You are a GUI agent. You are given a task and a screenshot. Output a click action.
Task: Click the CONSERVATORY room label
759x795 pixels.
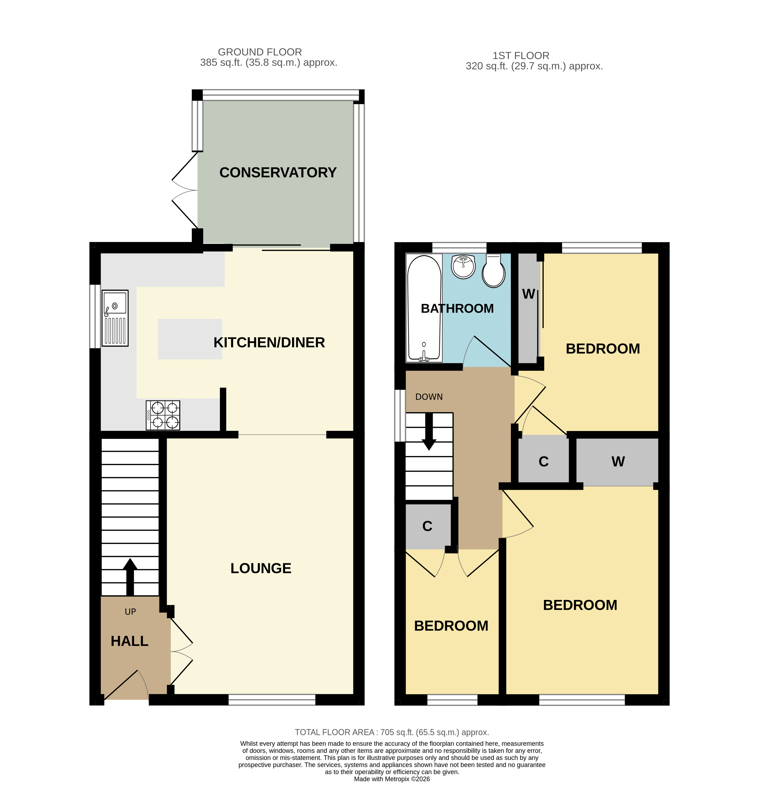click(x=278, y=173)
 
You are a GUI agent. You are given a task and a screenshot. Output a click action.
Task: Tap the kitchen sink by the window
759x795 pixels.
click(x=115, y=318)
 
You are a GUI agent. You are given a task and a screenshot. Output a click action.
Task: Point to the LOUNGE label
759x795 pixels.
click(x=261, y=568)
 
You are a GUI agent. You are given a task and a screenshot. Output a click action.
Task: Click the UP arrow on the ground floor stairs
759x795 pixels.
click(x=130, y=577)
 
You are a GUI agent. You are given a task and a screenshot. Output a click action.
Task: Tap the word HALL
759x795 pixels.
click(x=129, y=641)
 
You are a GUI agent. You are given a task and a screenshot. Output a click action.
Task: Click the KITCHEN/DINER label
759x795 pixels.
click(x=269, y=343)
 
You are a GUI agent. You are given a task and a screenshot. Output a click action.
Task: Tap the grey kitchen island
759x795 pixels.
click(x=190, y=339)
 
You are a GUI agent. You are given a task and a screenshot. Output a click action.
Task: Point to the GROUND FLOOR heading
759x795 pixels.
click(x=260, y=52)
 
